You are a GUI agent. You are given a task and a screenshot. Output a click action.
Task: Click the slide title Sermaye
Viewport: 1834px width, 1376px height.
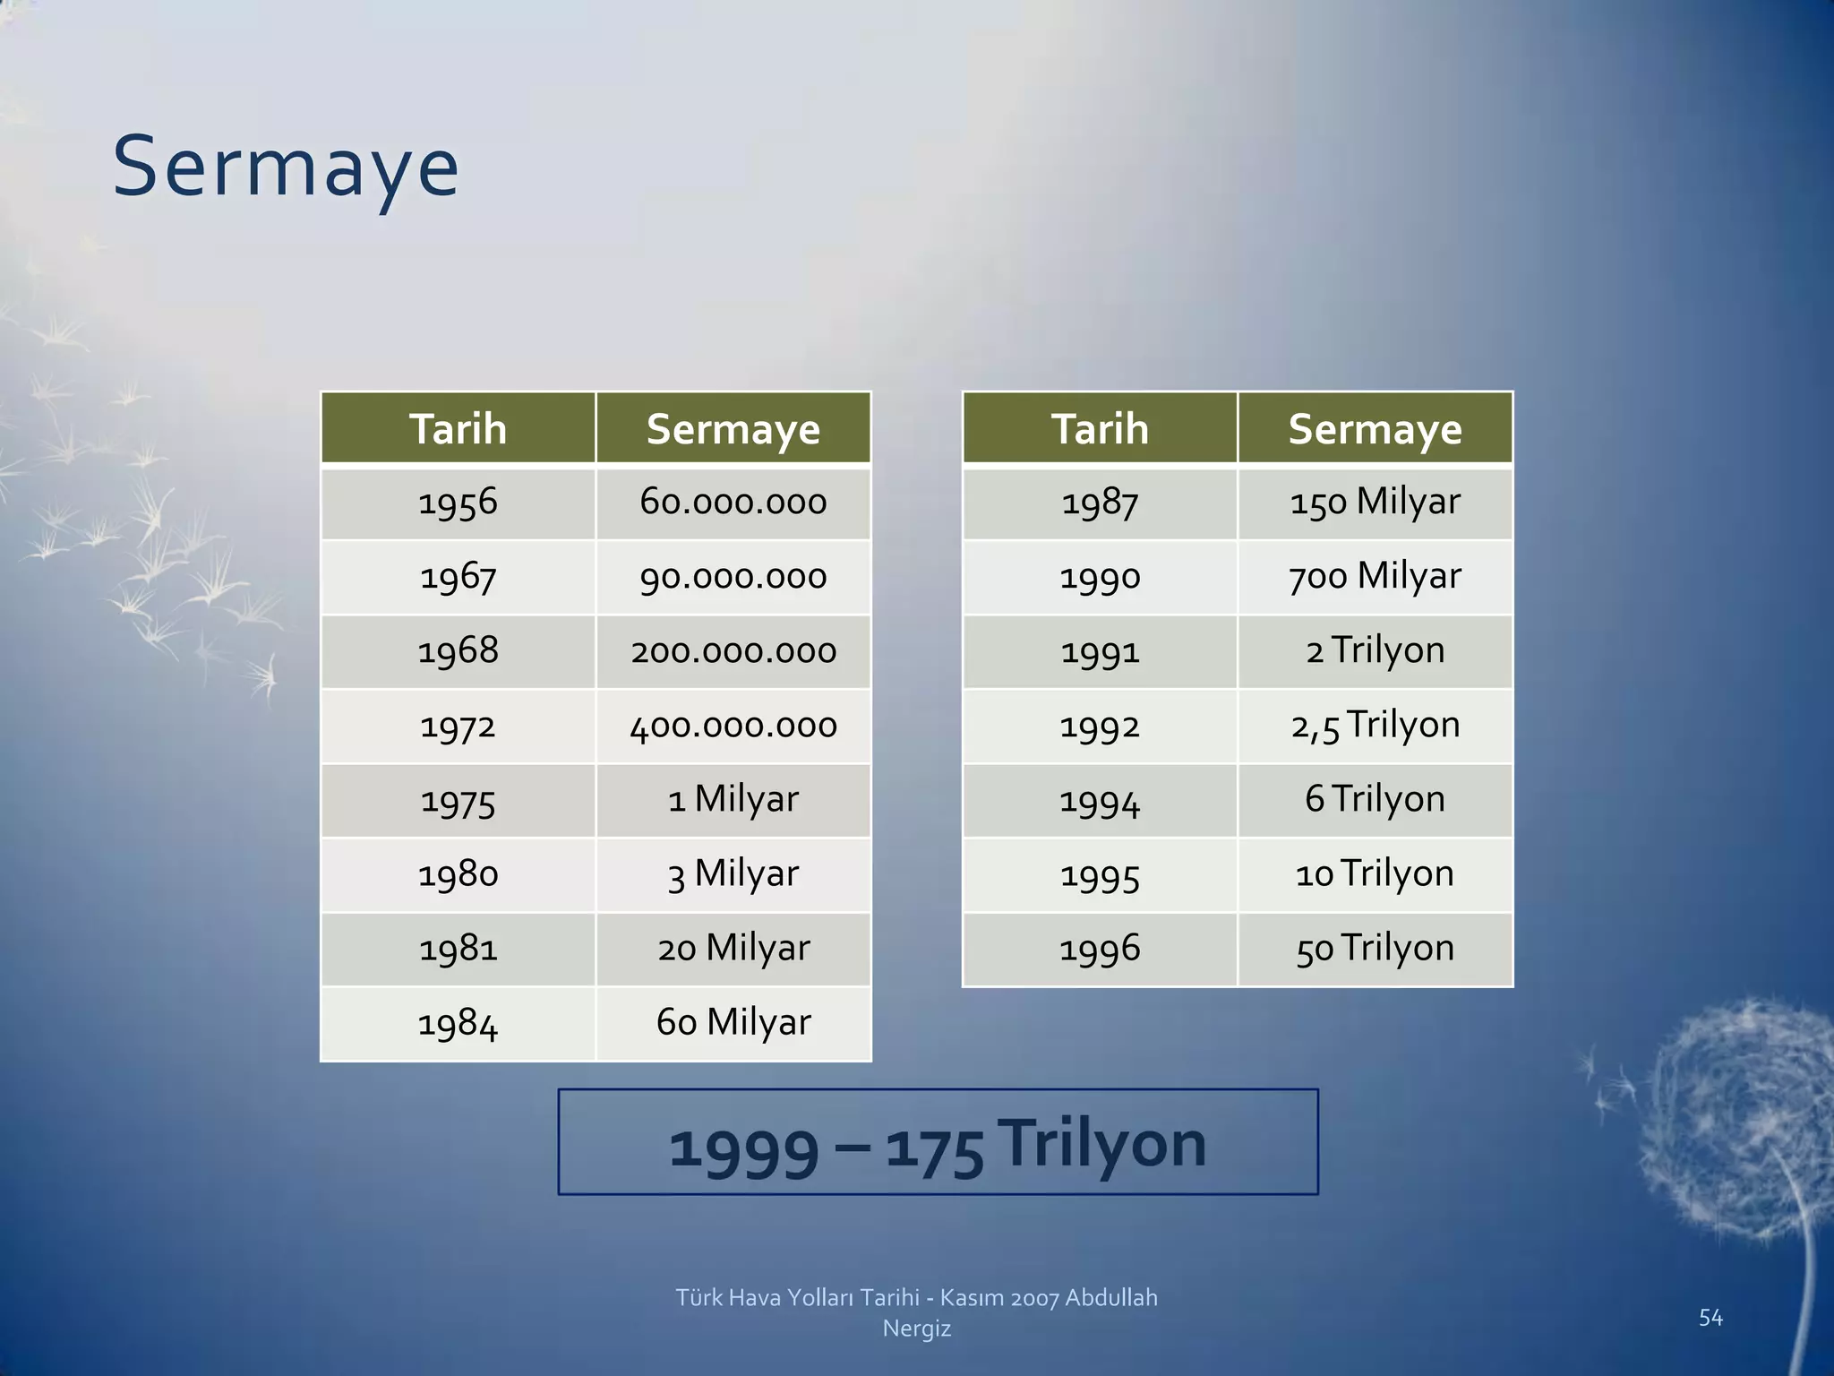click(x=285, y=168)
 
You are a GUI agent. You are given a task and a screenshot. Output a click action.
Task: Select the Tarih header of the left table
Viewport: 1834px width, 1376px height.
click(x=458, y=428)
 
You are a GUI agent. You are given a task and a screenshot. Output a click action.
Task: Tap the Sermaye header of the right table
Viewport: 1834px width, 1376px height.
click(x=1375, y=428)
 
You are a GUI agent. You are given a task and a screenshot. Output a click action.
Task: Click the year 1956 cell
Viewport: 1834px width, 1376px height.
click(x=458, y=503)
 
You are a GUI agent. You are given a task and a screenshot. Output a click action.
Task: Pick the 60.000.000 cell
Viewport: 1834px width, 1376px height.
click(x=733, y=503)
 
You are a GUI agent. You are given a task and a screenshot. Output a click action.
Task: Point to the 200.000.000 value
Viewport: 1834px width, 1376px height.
click(x=733, y=651)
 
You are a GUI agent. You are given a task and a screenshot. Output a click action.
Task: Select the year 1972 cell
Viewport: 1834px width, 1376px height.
click(x=458, y=726)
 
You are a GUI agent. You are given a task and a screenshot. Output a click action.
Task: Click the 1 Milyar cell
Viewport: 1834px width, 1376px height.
click(x=733, y=800)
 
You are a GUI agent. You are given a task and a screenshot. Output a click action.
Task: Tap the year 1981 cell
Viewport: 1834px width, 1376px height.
click(x=458, y=949)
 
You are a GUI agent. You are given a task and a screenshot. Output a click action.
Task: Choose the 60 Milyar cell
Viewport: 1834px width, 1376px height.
click(x=733, y=1023)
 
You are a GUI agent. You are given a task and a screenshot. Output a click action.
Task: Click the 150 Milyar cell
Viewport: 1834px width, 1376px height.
click(x=1375, y=503)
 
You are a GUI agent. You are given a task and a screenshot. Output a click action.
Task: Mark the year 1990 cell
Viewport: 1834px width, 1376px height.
click(x=1100, y=577)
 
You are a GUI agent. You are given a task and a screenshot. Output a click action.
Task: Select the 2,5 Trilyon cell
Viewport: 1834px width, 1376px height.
click(x=1375, y=726)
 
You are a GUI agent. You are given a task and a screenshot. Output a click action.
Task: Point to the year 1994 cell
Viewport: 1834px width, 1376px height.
click(x=1100, y=800)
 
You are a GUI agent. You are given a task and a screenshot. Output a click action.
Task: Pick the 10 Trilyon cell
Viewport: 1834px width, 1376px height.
click(x=1375, y=874)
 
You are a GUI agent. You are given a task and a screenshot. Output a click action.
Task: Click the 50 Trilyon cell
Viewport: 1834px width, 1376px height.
click(x=1375, y=949)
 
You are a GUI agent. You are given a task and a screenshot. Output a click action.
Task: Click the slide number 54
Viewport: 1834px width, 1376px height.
click(x=1710, y=1317)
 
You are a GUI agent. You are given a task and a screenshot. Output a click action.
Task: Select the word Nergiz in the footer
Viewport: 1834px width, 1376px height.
click(x=916, y=1329)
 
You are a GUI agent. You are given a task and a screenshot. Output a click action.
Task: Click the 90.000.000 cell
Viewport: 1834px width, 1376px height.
click(x=733, y=577)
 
